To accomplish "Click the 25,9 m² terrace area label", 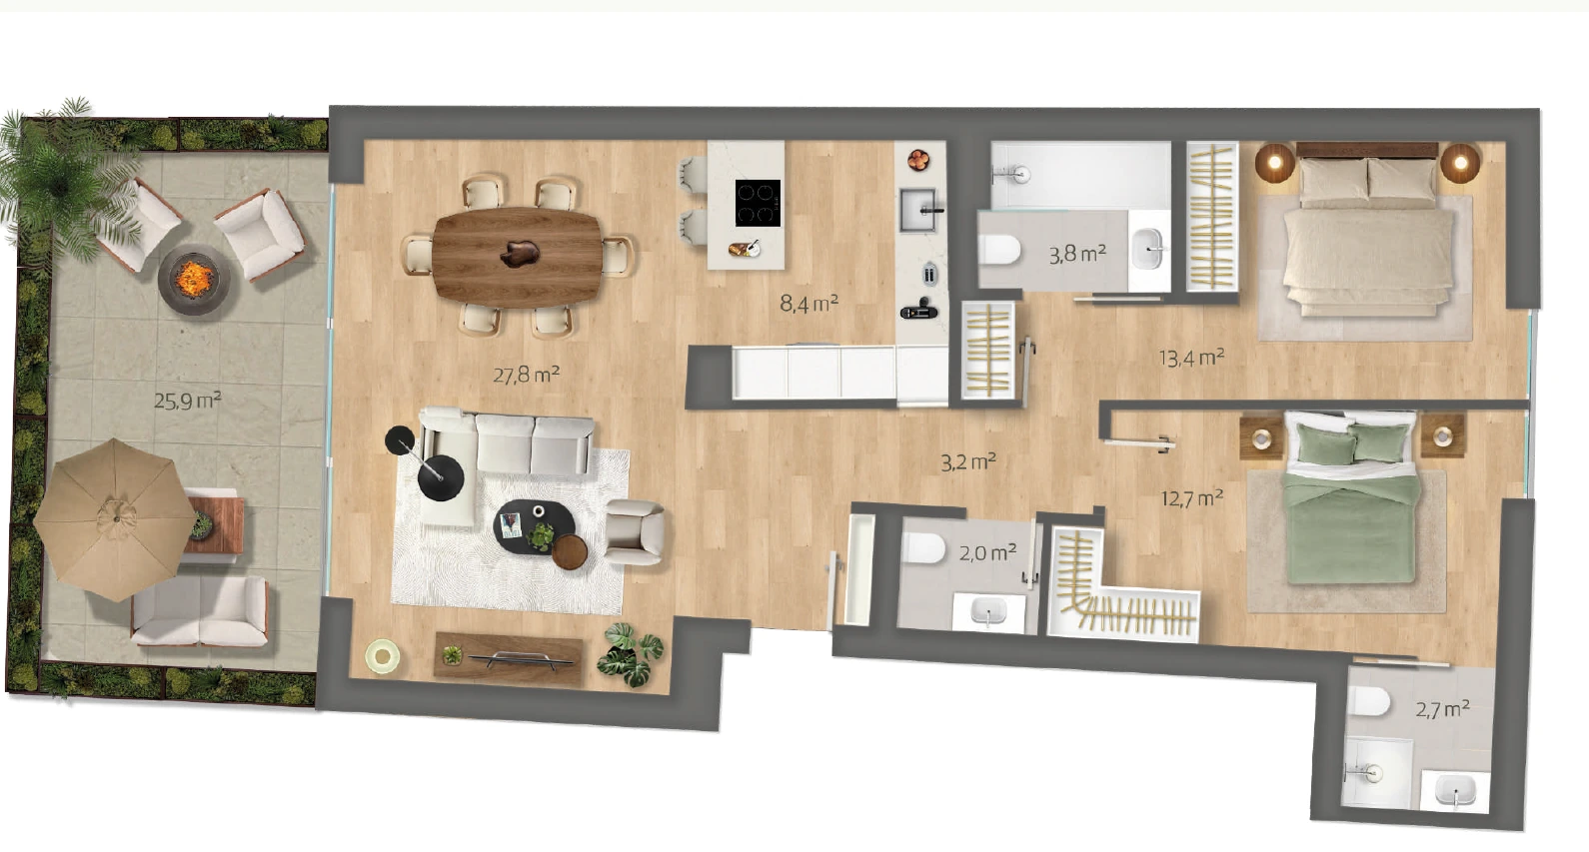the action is (188, 402).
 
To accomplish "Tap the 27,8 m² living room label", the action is (527, 374).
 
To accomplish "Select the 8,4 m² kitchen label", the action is (809, 304).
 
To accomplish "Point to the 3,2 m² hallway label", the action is (968, 462).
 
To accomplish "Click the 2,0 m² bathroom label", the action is (988, 552).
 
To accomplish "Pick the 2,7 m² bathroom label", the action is (1442, 709).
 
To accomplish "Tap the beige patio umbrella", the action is (114, 519).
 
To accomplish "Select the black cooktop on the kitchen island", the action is (758, 203).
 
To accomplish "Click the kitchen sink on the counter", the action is (920, 211).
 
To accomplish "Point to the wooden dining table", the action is (517, 258).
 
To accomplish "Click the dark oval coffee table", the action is (534, 527).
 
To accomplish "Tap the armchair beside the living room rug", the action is (635, 531).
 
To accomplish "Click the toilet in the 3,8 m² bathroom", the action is (999, 250).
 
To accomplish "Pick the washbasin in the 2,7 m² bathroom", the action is (1455, 790).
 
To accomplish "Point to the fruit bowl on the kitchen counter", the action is (918, 160).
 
